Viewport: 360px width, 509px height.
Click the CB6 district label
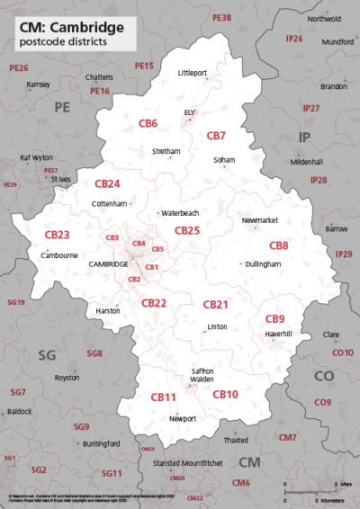tap(148, 122)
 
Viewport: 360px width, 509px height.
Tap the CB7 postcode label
tap(216, 136)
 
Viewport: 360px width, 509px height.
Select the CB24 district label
tap(107, 183)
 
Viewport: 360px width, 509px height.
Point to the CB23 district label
tap(57, 234)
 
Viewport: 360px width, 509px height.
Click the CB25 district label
tap(186, 230)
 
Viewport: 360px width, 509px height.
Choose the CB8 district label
tap(279, 246)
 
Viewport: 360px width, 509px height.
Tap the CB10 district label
tap(225, 394)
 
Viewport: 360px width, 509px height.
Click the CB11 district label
tap(163, 397)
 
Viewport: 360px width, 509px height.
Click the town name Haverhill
tap(279, 335)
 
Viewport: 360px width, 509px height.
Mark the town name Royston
tap(67, 378)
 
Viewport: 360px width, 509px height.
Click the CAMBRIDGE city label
tap(109, 264)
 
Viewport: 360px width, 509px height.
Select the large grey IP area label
tap(310, 137)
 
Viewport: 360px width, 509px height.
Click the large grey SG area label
tap(47, 354)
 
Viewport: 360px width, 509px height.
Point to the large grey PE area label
tap(61, 107)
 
